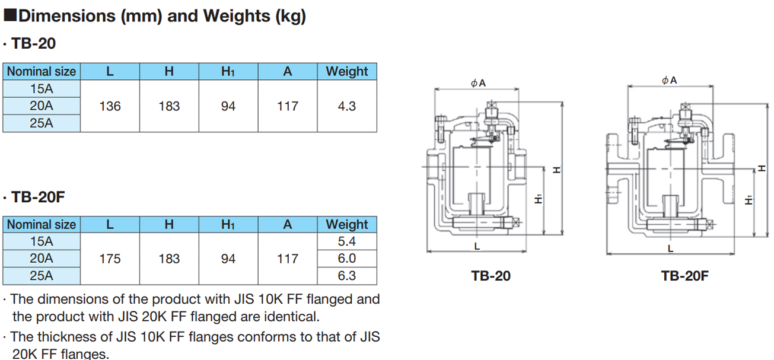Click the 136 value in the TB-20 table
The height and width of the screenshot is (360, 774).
click(110, 106)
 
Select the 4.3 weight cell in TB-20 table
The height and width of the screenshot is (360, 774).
click(347, 106)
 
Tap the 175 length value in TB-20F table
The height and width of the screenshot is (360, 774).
click(110, 259)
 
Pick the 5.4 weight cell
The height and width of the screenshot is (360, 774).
click(347, 241)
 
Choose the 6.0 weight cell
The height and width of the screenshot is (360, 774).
click(347, 259)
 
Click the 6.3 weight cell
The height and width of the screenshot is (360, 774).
click(347, 276)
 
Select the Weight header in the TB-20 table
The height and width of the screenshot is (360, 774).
click(347, 71)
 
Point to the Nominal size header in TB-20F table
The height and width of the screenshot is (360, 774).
click(42, 225)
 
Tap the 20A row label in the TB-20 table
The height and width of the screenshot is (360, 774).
click(42, 106)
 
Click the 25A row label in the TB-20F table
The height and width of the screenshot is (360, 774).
click(42, 276)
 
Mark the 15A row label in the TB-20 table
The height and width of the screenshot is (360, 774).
click(42, 89)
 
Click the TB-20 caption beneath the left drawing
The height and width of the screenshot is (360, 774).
click(490, 276)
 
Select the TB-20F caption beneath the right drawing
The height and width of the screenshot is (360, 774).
click(684, 276)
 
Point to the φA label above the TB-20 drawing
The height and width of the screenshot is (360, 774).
click(478, 83)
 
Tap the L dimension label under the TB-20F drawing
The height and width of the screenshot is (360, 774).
click(670, 249)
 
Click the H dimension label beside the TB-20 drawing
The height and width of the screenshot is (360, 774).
click(556, 170)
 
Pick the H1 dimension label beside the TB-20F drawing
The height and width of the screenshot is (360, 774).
click(749, 200)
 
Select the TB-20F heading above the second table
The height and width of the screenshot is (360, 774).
click(38, 197)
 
